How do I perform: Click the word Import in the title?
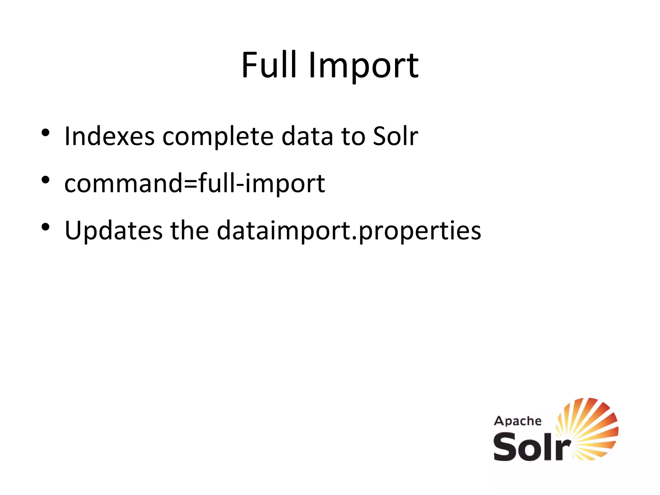363,67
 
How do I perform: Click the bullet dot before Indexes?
45,132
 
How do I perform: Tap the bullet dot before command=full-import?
45,180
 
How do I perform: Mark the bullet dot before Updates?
45,227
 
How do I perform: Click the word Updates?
113,231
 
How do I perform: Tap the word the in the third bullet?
189,231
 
